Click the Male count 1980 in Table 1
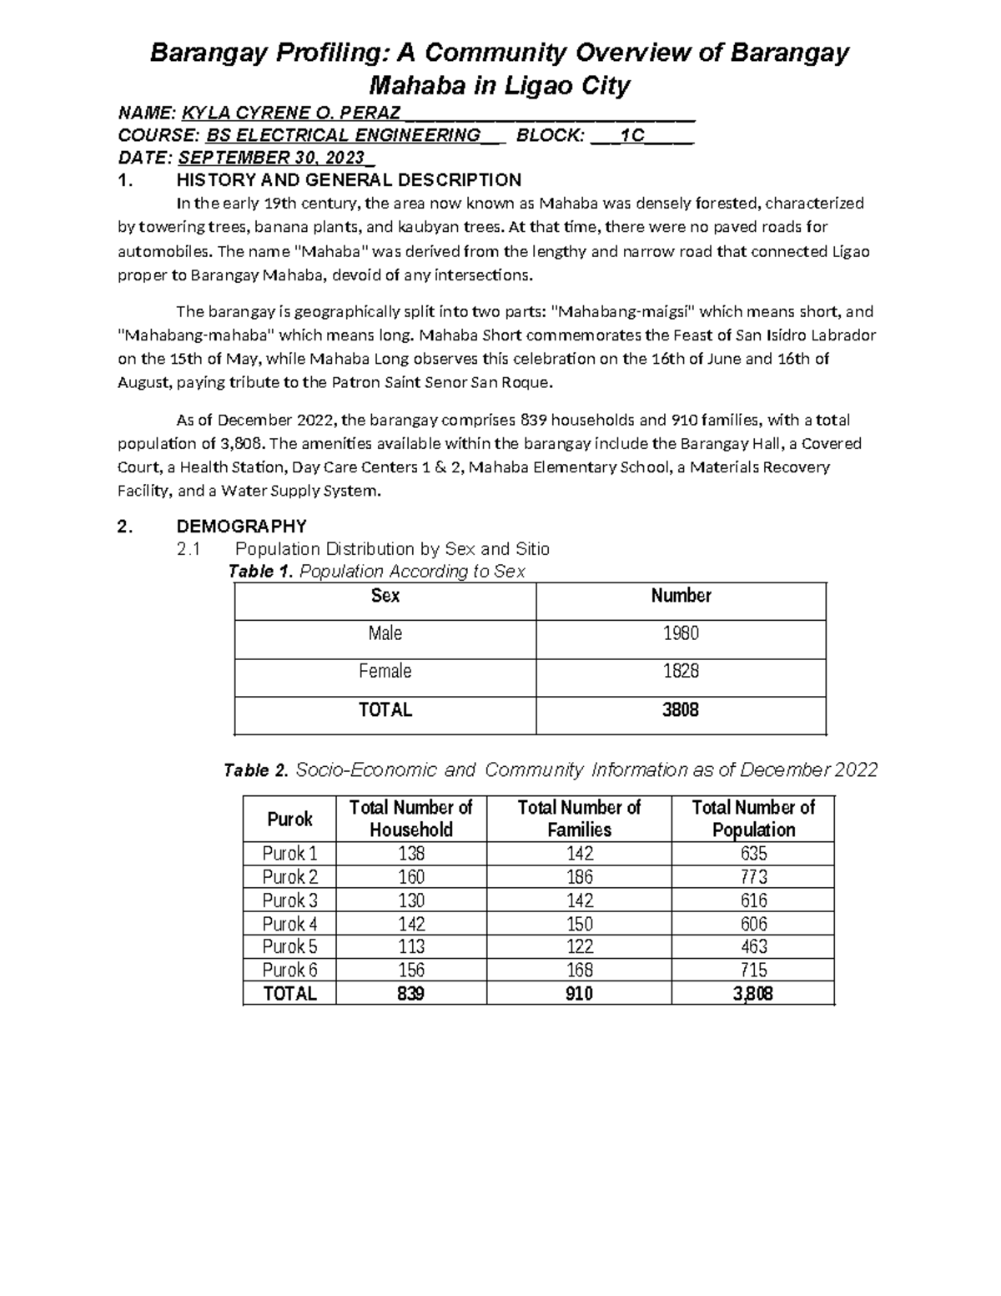[681, 633]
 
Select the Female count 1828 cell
[681, 671]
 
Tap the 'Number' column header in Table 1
[681, 596]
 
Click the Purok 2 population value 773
[753, 877]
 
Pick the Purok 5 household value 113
[411, 946]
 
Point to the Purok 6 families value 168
[579, 970]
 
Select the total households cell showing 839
[411, 994]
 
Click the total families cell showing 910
[579, 994]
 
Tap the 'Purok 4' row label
[289, 924]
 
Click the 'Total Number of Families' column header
[579, 819]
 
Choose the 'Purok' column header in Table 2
[289, 819]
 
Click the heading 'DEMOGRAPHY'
[241, 527]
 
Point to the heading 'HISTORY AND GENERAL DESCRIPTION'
[349, 180]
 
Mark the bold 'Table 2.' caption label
[255, 770]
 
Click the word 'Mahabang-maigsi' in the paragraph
[622, 312]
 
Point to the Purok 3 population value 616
[753, 900]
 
